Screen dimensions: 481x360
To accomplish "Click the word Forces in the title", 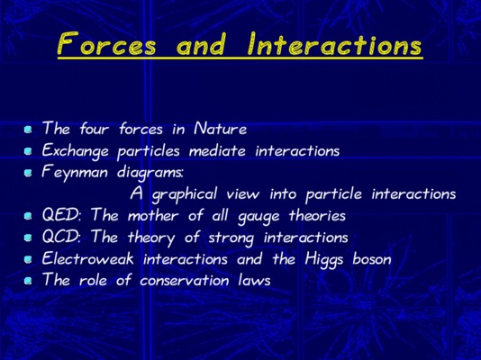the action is tap(107, 44).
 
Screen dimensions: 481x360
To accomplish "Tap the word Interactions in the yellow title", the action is tap(335, 44).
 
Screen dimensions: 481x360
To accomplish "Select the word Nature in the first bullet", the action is tap(221, 129).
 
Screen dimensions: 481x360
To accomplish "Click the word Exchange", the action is tap(76, 151).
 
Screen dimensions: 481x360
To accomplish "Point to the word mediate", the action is tap(217, 150).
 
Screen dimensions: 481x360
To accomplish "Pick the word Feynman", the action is tap(75, 173).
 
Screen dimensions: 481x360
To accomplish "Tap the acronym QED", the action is tap(61, 215).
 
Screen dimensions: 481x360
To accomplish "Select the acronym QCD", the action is tap(61, 237).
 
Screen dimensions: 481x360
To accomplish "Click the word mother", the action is tap(153, 215).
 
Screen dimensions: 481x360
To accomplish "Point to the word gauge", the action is tap(259, 216).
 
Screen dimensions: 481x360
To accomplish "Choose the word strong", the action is tap(231, 238).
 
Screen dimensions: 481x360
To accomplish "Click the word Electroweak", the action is tap(87, 258).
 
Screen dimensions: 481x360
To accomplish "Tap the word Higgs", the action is tap(324, 260).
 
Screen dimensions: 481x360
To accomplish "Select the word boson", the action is tap(372, 259).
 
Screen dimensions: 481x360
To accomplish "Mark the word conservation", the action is tap(185, 280).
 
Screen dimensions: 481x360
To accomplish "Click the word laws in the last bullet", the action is tap(254, 280).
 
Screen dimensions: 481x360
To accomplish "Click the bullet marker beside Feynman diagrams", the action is tap(28, 173).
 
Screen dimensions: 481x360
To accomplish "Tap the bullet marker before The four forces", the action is tap(28, 130).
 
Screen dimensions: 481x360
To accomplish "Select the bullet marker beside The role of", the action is tap(28, 281).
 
